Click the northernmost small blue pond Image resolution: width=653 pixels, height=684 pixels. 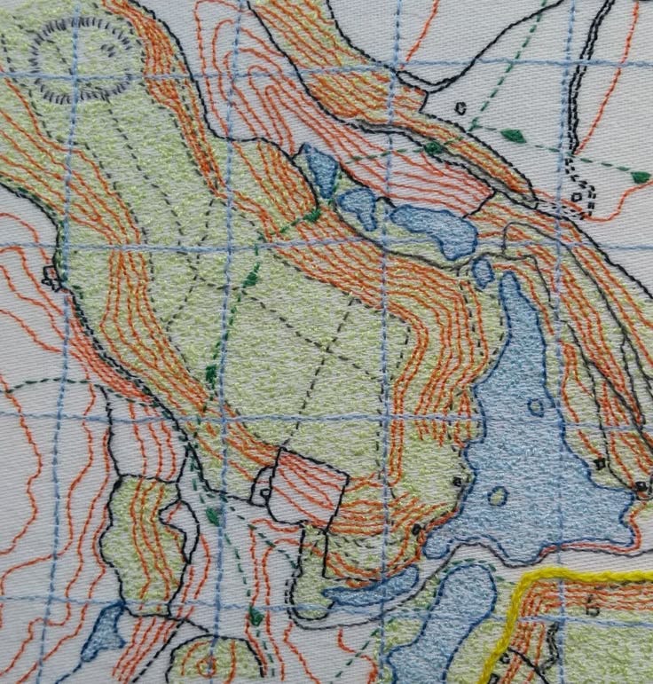coord(319,169)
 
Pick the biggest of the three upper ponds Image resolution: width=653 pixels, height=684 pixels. coord(435,228)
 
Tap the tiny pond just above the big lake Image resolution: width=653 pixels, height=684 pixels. coord(483,271)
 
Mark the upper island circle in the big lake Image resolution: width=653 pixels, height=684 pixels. coord(536,407)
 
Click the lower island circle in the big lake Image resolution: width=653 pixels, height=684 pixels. coord(498,496)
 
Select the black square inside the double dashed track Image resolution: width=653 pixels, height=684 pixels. coord(577,197)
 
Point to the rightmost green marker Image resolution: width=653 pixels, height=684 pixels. coord(641,177)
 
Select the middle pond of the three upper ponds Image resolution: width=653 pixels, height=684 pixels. coord(359,206)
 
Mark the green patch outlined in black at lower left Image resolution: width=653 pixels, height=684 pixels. coord(142,541)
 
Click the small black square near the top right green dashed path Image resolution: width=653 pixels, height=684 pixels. coord(460,108)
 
